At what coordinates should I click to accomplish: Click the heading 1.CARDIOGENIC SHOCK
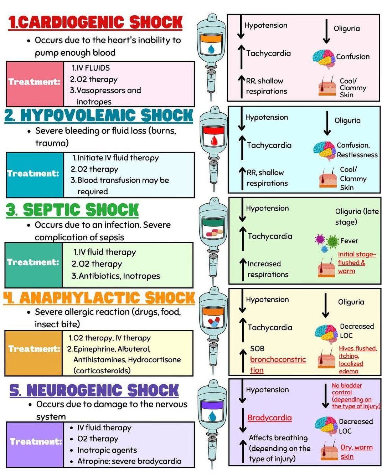95,22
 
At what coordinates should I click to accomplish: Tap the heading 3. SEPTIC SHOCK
72,210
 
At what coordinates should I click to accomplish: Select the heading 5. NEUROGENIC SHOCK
94,390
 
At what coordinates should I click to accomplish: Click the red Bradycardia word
269,418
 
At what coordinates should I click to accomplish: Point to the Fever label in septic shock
349,241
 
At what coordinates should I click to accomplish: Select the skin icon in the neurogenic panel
329,451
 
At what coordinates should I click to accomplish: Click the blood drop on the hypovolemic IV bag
213,140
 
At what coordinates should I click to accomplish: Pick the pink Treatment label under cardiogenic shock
35,82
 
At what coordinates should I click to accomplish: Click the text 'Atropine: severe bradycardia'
129,461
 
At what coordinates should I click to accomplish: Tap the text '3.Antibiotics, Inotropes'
116,276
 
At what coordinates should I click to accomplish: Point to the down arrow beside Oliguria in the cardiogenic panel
326,32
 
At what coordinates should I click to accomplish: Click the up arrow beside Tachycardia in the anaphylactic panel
243,327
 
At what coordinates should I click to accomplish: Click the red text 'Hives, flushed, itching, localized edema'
357,359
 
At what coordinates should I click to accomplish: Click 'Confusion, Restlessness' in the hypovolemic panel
357,150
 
